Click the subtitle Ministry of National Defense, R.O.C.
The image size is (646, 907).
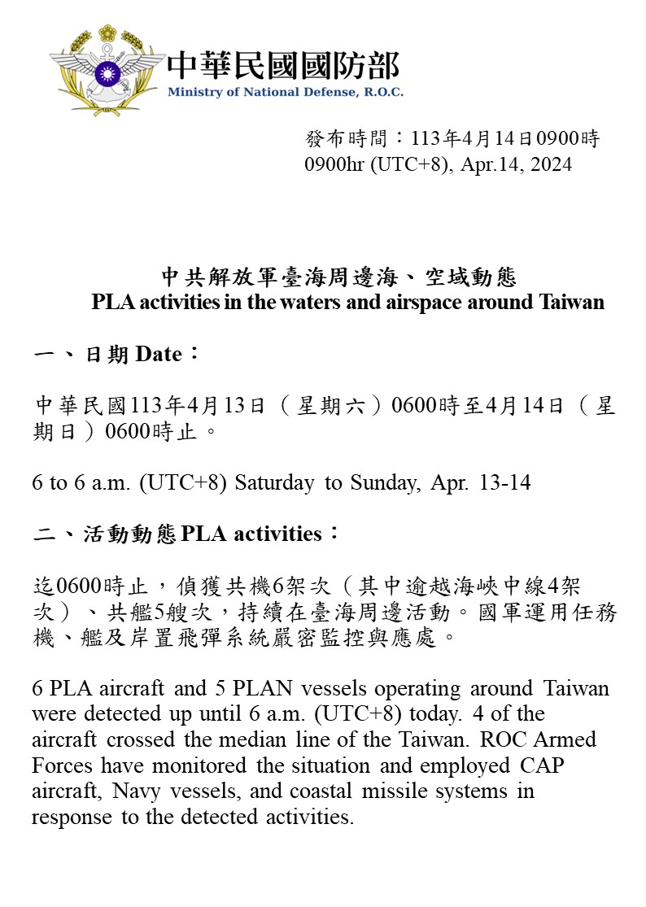[285, 93]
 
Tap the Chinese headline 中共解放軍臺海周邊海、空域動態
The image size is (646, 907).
[338, 277]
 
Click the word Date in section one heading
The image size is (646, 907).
[158, 355]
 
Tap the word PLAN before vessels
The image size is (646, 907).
[264, 688]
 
